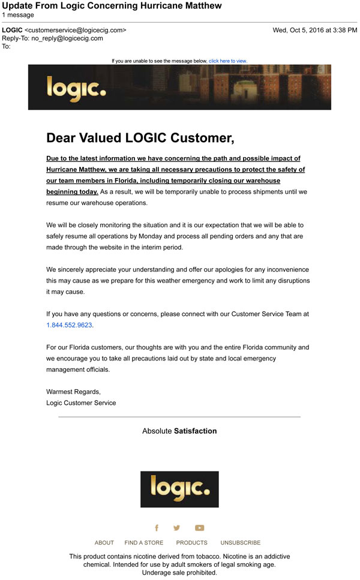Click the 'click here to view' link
pos(228,61)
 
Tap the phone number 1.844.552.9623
pos(70,325)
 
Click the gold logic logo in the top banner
pos(76,88)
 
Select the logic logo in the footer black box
pos(179,489)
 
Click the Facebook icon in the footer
pos(157,528)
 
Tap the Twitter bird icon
pos(176,528)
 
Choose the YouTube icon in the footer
pos(199,528)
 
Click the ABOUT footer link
pos(104,543)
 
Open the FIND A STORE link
pos(144,543)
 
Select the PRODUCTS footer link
pos(191,543)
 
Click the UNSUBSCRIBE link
pos(240,543)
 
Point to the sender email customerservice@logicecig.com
pos(75,30)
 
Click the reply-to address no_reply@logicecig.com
pos(67,38)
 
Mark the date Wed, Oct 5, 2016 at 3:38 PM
pos(314,30)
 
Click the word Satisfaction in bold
pos(195,431)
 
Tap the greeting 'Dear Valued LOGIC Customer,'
pos(140,138)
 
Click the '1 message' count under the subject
pos(18,14)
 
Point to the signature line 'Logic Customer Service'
pos(81,402)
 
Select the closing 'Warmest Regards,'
pos(73,392)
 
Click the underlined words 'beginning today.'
pos(72,192)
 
